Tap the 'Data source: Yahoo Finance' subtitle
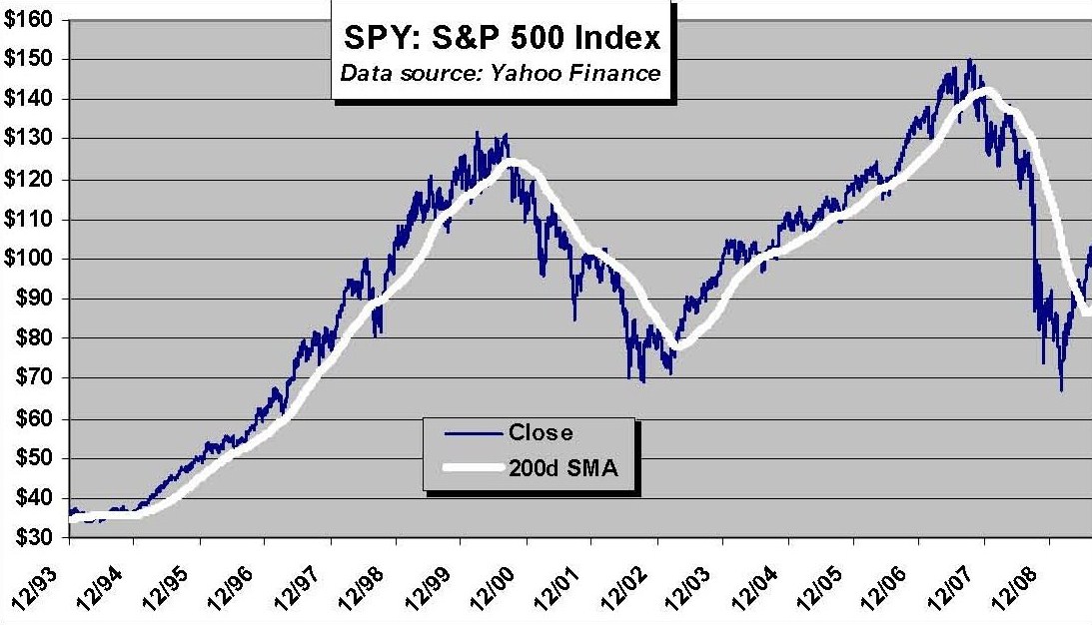pyautogui.click(x=501, y=73)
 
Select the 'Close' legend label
pyautogui.click(x=541, y=433)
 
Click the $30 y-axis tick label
pyautogui.click(x=27, y=538)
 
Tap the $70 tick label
pyautogui.click(x=27, y=378)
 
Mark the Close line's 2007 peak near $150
pyautogui.click(x=969, y=60)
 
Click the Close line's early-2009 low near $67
pyautogui.click(x=1061, y=389)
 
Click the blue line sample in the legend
pyautogui.click(x=471, y=433)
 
